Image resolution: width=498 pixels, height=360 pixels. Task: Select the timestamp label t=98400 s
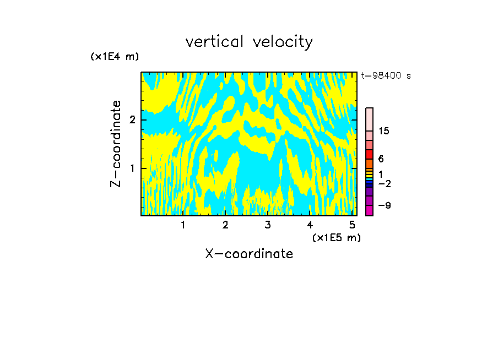(x=386, y=76)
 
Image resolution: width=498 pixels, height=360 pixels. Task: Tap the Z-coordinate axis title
(x=116, y=144)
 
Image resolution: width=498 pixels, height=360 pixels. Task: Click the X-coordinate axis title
(x=249, y=254)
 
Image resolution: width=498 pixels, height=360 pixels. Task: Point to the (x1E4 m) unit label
(x=115, y=57)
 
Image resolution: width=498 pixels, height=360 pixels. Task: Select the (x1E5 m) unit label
(x=336, y=237)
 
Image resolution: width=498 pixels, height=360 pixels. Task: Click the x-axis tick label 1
(x=183, y=225)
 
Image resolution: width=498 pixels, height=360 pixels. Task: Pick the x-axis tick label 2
(x=225, y=225)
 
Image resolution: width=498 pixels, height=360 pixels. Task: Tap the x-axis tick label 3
(x=268, y=225)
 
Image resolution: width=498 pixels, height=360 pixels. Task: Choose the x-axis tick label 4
(x=310, y=225)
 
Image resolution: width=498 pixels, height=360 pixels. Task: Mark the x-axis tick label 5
(x=352, y=225)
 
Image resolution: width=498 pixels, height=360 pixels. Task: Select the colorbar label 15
(x=384, y=131)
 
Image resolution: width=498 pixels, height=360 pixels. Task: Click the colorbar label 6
(x=381, y=159)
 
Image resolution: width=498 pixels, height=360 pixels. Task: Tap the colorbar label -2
(x=384, y=183)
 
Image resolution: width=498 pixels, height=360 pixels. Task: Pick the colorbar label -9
(x=384, y=205)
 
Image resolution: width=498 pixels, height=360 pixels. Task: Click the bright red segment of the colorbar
(x=369, y=154)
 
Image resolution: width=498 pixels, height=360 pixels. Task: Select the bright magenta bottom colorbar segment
(x=369, y=210)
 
